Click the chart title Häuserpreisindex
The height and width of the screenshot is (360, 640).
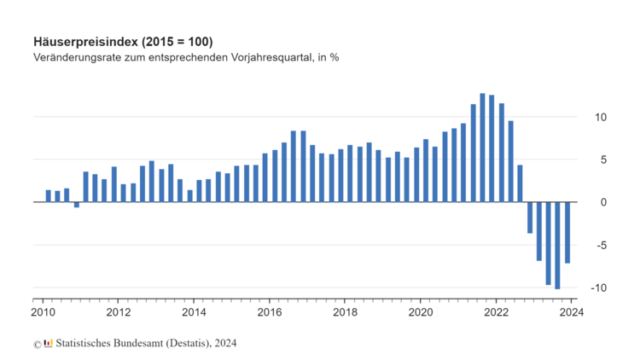(123, 42)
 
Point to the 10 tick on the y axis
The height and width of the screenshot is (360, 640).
(578, 117)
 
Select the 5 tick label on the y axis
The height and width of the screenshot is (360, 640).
(580, 160)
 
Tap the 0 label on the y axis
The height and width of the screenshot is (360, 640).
(580, 202)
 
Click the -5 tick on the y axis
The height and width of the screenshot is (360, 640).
(579, 245)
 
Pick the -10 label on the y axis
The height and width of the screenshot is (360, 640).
(577, 287)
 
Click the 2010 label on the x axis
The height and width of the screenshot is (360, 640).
(43, 311)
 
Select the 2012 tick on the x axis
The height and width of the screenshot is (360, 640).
(118, 311)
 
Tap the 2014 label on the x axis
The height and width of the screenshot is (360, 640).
(194, 311)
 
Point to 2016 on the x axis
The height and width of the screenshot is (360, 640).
(269, 311)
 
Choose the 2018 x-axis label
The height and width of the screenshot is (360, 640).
(345, 311)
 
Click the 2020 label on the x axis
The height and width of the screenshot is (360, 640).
(420, 311)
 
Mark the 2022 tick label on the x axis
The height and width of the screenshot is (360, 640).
(496, 311)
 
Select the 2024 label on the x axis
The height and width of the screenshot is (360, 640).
(570, 311)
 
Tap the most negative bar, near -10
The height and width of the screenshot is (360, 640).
(557, 246)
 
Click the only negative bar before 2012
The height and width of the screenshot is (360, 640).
(76, 205)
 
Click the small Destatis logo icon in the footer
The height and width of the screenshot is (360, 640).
(48, 343)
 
